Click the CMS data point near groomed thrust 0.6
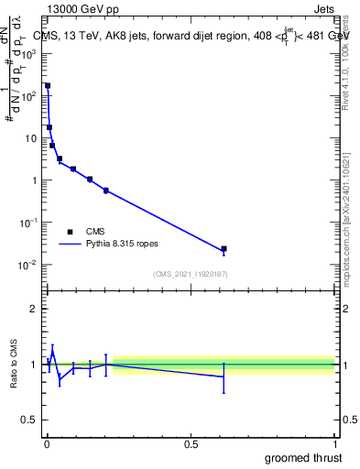click(224, 248)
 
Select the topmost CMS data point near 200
click(48, 85)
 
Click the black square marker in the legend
click(70, 232)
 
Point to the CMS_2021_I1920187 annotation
click(190, 274)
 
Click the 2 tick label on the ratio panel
click(34, 309)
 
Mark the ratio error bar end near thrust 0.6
click(224, 392)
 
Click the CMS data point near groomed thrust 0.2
click(106, 191)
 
